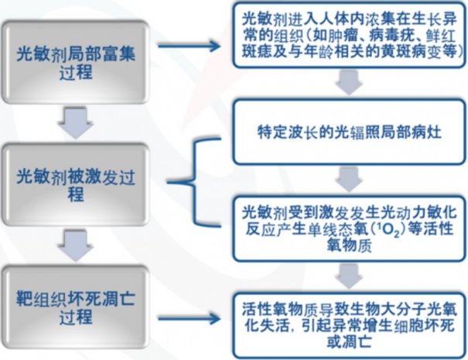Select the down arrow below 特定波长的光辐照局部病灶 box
(347, 177)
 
